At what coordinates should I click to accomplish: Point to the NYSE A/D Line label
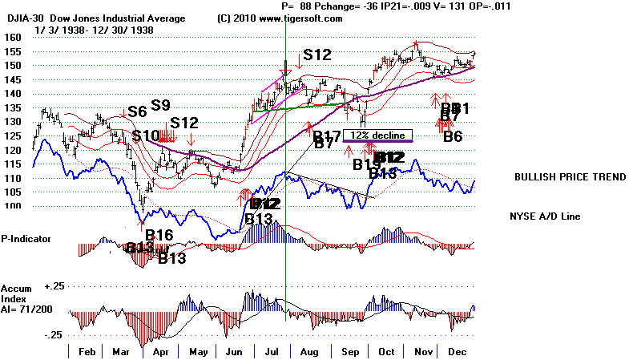(546, 216)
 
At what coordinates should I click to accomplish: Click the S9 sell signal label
(160, 105)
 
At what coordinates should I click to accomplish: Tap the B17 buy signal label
(327, 135)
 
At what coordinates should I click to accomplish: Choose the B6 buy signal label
(453, 137)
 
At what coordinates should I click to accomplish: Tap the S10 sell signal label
(146, 135)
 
